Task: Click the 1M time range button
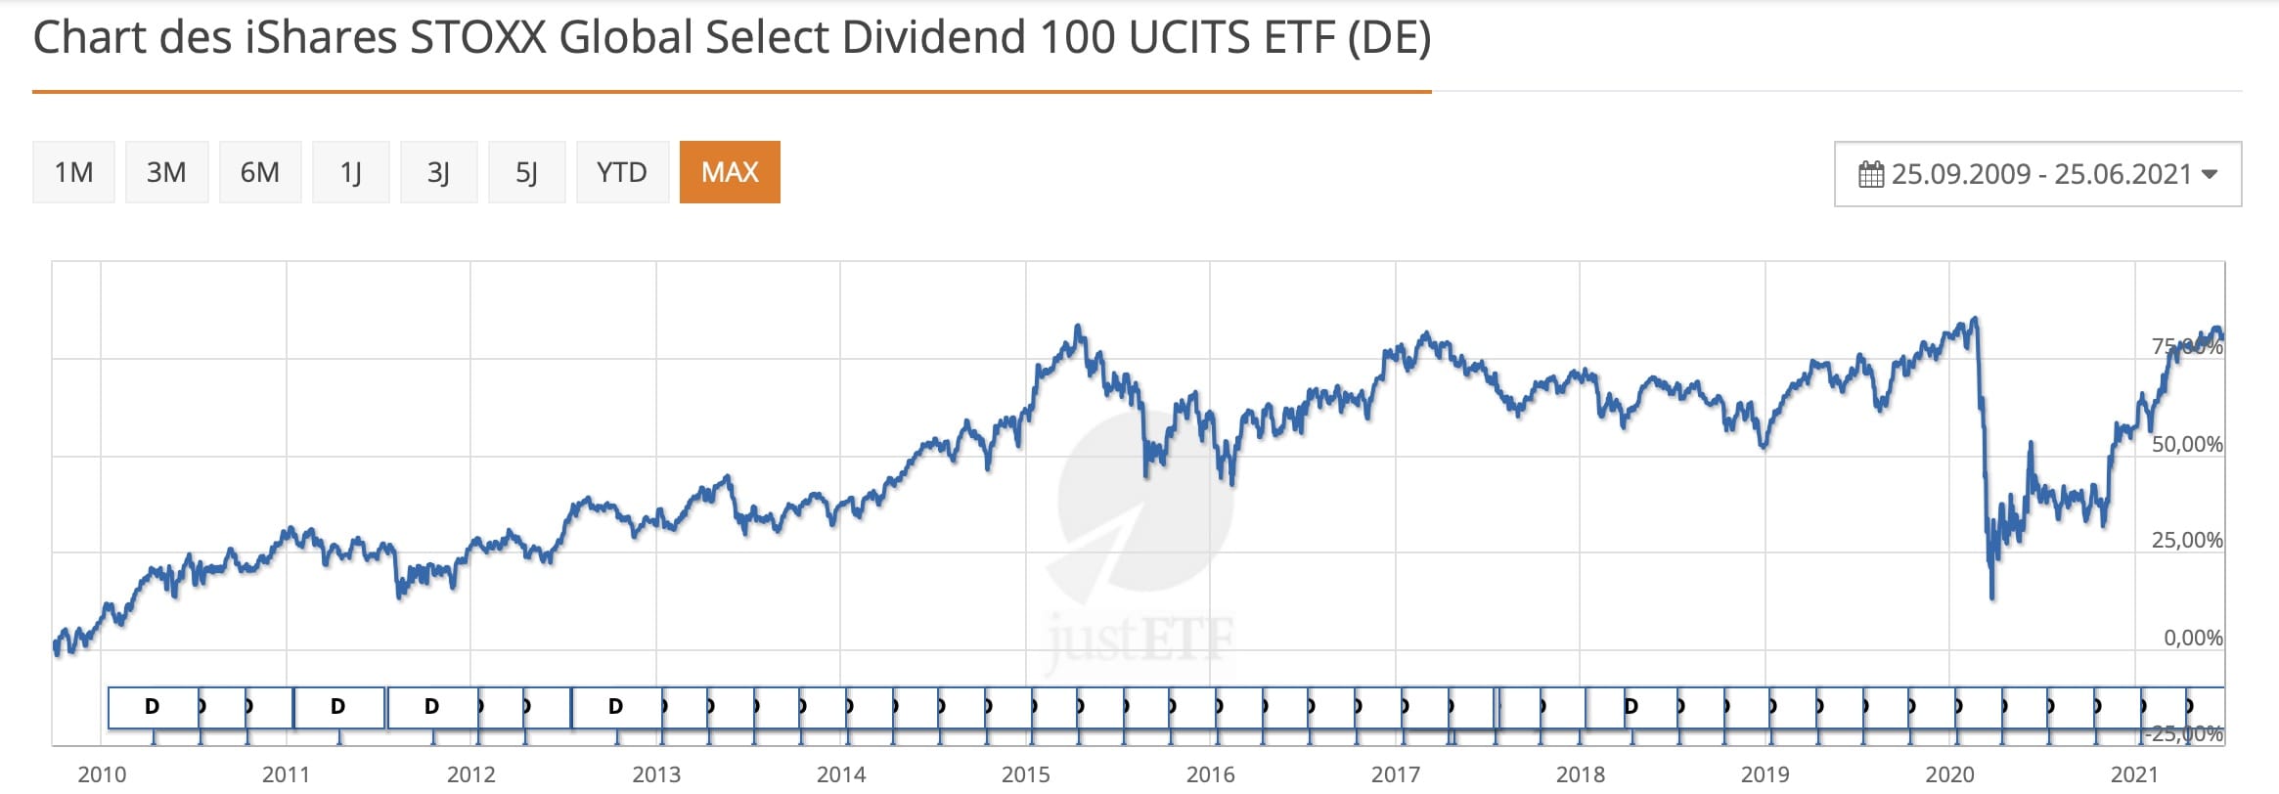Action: point(73,172)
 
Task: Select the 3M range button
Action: point(166,172)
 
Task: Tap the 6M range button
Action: point(259,172)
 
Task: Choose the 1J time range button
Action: point(350,172)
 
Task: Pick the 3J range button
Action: point(438,172)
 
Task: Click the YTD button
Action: point(622,172)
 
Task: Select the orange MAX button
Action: point(730,172)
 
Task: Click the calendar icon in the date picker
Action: point(1871,174)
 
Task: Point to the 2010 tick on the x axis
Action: point(102,774)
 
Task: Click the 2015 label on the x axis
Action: point(1025,774)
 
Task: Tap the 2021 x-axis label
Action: point(2134,774)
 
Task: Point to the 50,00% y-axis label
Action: point(2187,444)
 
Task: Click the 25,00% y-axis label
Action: point(2187,540)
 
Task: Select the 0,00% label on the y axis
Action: point(2193,638)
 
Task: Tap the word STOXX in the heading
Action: point(478,37)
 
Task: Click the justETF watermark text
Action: point(1139,640)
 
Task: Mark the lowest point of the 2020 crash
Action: point(1992,596)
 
